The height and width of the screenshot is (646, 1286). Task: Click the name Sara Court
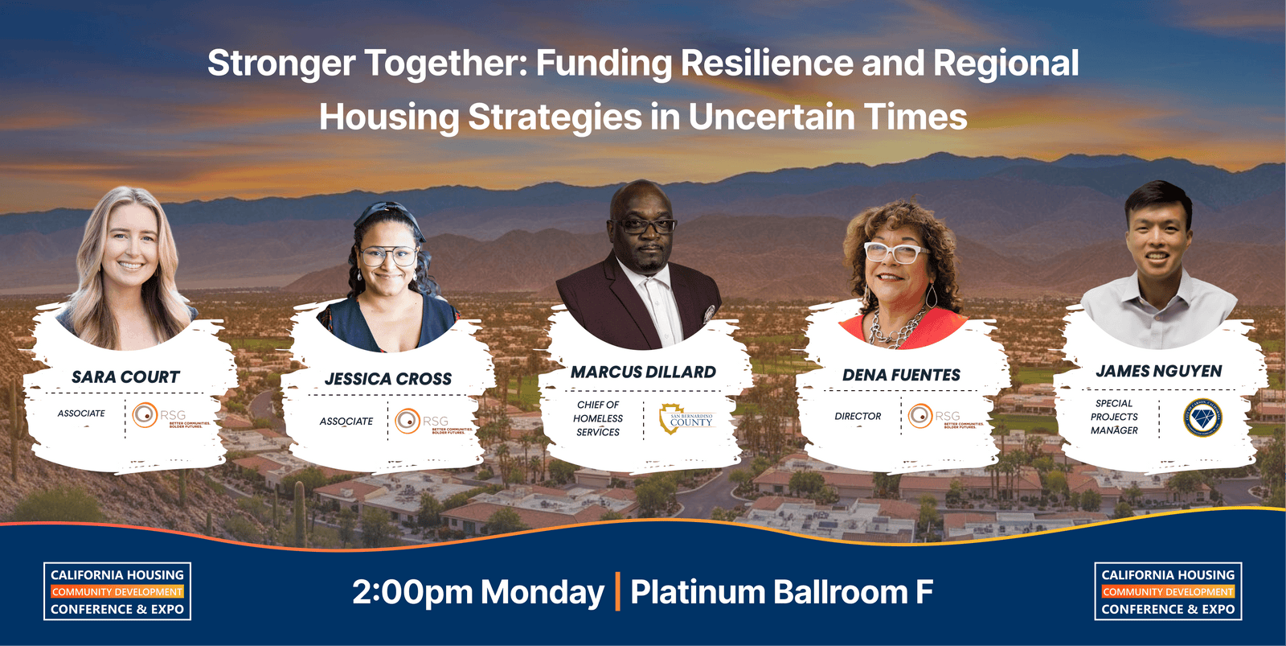pyautogui.click(x=125, y=377)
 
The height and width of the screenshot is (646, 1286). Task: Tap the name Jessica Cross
pyautogui.click(x=388, y=379)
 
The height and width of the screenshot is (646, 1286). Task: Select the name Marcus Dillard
pyautogui.click(x=643, y=372)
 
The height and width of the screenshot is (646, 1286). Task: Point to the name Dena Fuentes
pyautogui.click(x=901, y=375)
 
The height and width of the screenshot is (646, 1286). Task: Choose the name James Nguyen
pyautogui.click(x=1158, y=371)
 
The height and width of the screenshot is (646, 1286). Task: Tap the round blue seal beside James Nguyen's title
pyautogui.click(x=1202, y=418)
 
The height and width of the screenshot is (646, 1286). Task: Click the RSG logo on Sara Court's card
pyautogui.click(x=170, y=416)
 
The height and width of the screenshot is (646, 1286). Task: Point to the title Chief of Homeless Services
pyautogui.click(x=598, y=418)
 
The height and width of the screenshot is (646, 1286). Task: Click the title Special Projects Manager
pyautogui.click(x=1114, y=417)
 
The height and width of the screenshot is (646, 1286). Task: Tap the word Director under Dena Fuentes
pyautogui.click(x=858, y=417)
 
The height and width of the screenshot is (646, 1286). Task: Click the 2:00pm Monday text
pyautogui.click(x=478, y=593)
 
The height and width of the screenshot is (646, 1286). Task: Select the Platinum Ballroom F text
pyautogui.click(x=781, y=593)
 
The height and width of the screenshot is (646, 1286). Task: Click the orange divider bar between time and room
pyautogui.click(x=617, y=591)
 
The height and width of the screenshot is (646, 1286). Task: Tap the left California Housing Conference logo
pyautogui.click(x=117, y=592)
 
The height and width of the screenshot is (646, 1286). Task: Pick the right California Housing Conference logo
pyautogui.click(x=1168, y=592)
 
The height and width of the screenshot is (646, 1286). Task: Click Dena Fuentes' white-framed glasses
pyautogui.click(x=895, y=253)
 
